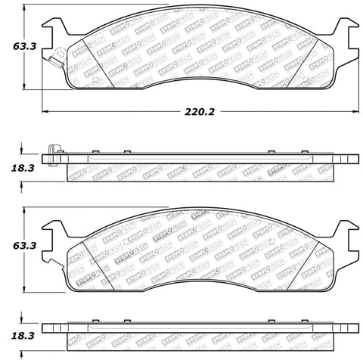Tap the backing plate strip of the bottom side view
(200, 327)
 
